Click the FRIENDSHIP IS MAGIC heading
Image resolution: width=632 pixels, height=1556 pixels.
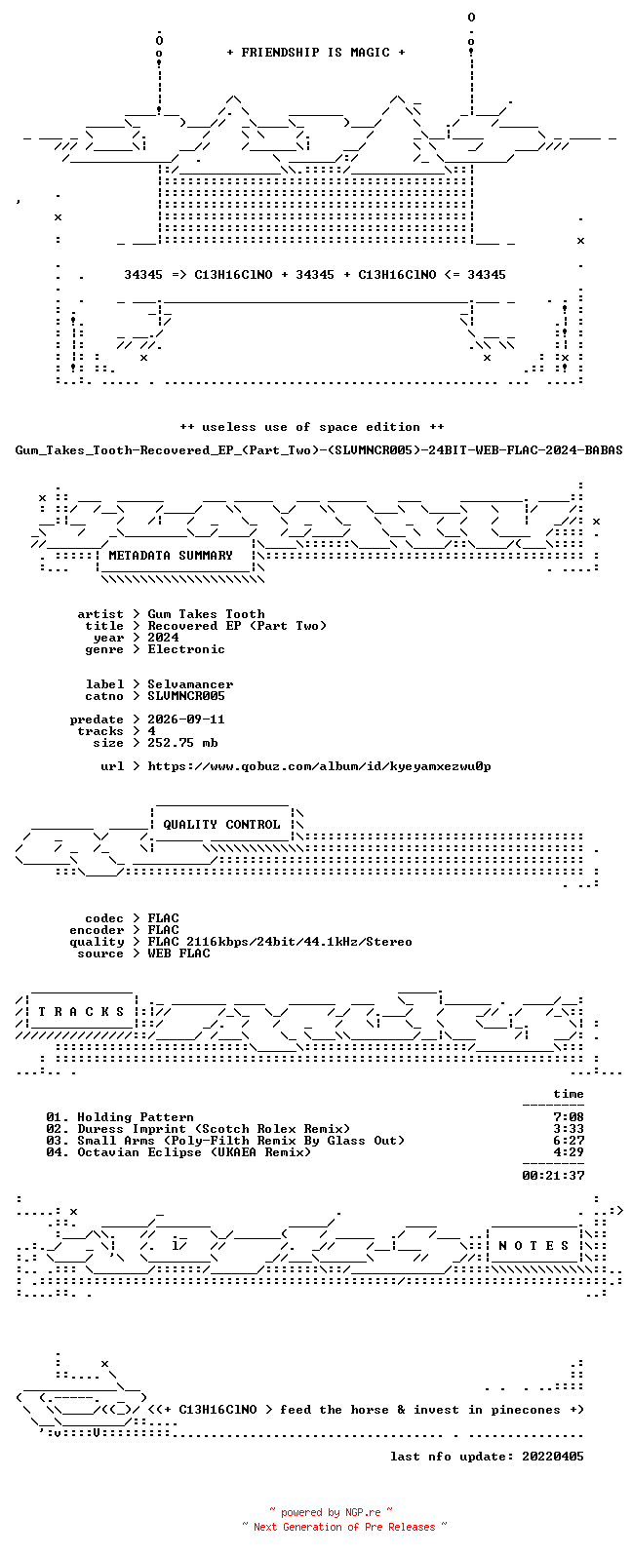(x=316, y=52)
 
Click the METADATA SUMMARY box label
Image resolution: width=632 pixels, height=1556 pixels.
(x=171, y=555)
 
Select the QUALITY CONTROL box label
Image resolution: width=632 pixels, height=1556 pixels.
(x=221, y=825)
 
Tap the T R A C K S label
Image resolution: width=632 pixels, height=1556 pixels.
(x=81, y=1011)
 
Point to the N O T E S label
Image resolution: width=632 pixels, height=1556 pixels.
(x=533, y=1246)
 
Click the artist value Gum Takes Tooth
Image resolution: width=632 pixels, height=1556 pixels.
(x=206, y=614)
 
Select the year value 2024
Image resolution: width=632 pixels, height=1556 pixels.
(x=163, y=638)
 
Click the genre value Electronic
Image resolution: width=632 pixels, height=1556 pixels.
(x=186, y=649)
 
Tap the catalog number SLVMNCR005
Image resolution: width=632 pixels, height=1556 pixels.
(x=186, y=696)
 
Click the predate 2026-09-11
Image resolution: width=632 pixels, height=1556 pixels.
(x=186, y=720)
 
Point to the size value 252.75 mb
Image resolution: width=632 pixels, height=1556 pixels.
(x=182, y=743)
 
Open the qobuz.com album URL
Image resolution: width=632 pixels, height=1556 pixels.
(x=319, y=766)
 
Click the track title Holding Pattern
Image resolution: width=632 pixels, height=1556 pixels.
(x=136, y=1117)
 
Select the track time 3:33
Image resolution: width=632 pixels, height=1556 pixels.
(x=568, y=1129)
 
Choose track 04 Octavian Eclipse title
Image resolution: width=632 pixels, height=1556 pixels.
(x=194, y=1152)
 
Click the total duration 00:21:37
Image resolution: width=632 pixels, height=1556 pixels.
(x=553, y=1176)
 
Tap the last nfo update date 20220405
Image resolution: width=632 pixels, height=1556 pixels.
(x=553, y=1456)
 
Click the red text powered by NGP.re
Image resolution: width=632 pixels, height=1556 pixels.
(x=331, y=1512)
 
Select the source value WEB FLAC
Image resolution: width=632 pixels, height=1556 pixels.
(x=178, y=953)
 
